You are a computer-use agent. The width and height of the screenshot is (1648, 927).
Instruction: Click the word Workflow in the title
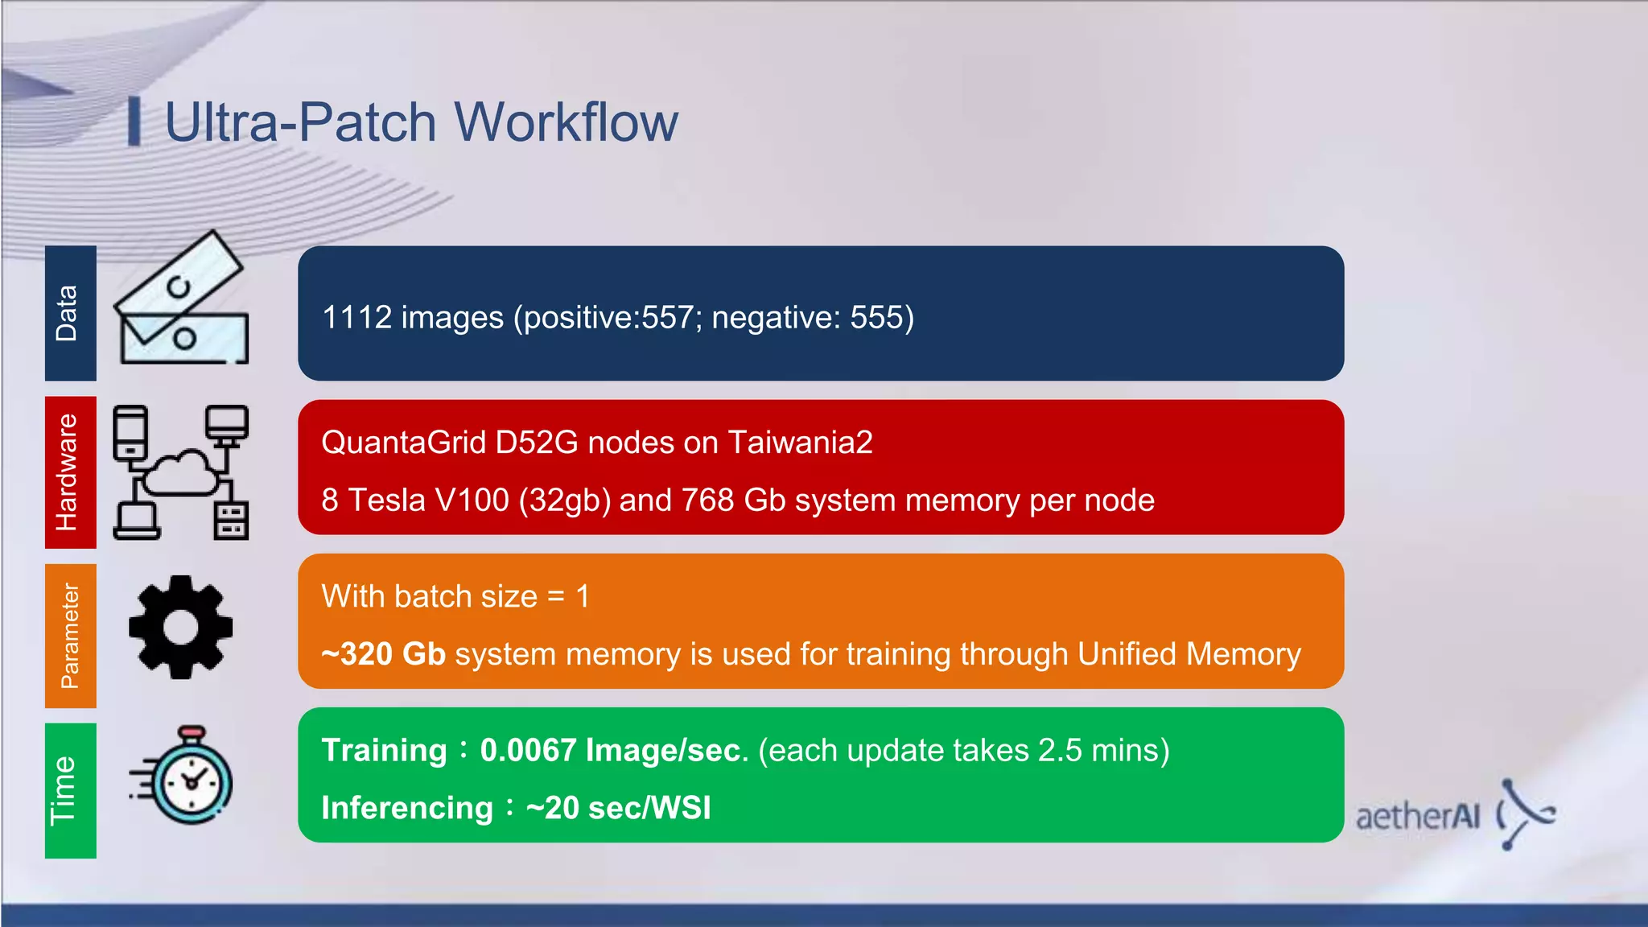[x=566, y=122]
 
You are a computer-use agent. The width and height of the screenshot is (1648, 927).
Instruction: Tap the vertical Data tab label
[x=68, y=313]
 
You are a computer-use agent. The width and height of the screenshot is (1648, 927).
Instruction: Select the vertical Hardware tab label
[x=68, y=472]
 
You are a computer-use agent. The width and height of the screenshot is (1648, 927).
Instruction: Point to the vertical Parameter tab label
[x=70, y=636]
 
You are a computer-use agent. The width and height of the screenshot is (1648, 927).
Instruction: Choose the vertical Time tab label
[x=64, y=790]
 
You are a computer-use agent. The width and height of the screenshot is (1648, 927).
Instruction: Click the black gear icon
[x=181, y=627]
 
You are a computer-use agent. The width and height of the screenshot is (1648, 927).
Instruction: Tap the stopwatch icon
[x=187, y=777]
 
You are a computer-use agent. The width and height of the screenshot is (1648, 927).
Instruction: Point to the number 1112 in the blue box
[x=356, y=317]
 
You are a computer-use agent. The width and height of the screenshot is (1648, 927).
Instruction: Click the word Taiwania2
[x=800, y=443]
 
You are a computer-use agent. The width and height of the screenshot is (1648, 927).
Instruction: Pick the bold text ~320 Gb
[x=383, y=654]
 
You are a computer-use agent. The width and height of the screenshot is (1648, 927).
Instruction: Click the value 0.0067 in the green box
[x=528, y=750]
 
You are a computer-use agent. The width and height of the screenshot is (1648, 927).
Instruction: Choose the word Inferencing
[x=407, y=808]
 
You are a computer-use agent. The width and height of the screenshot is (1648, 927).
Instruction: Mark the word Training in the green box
[x=384, y=750]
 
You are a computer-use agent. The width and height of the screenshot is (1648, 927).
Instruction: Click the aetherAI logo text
[x=1418, y=817]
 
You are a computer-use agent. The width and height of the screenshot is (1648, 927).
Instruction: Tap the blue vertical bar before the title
[x=134, y=122]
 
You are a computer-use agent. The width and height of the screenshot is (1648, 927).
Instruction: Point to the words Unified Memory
[x=1189, y=654]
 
